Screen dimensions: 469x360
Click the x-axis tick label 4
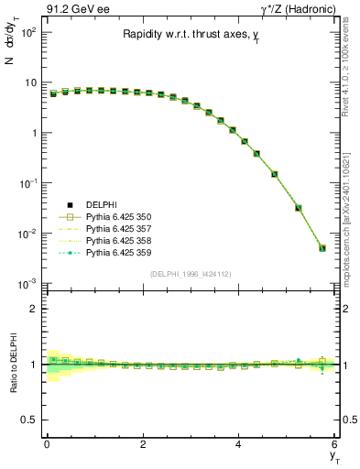[x=238, y=444]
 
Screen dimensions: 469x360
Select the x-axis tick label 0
[x=47, y=444]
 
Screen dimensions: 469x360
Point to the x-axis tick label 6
[x=334, y=444]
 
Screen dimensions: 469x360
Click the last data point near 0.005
[x=322, y=248]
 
